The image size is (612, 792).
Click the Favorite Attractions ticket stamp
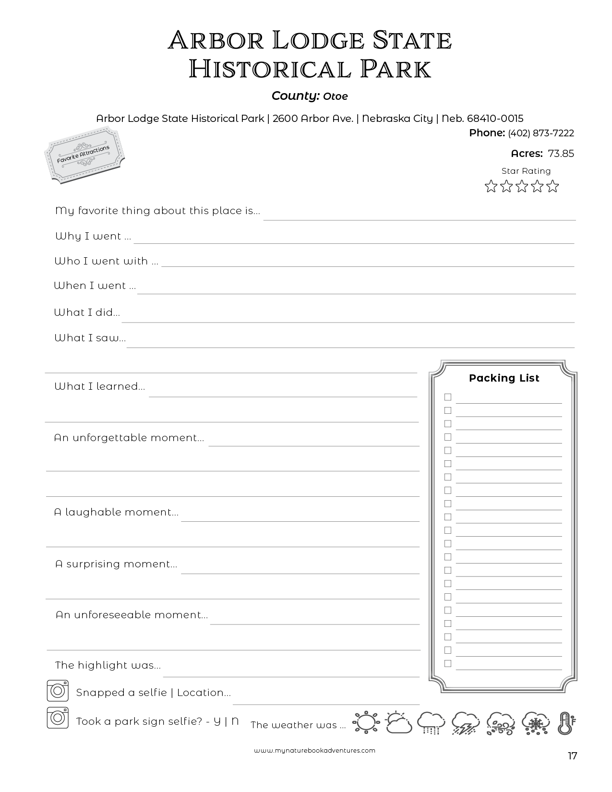click(x=84, y=155)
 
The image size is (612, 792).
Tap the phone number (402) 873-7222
click(x=540, y=133)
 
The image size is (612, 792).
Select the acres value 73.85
click(x=561, y=154)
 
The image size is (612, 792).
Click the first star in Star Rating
click(x=491, y=186)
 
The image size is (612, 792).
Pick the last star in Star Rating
click(x=553, y=186)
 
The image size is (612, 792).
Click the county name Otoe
click(x=335, y=96)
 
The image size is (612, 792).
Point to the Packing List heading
click(x=504, y=378)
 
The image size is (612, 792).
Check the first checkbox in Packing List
click(x=448, y=397)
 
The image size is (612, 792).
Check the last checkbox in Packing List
click(x=448, y=663)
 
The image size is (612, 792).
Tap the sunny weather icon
click(x=366, y=722)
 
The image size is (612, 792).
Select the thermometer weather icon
click(x=567, y=722)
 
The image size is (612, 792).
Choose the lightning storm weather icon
click(x=466, y=722)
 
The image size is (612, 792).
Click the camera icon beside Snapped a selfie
click(x=58, y=691)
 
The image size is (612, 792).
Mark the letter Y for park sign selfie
click(x=217, y=721)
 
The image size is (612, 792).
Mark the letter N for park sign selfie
click(x=235, y=721)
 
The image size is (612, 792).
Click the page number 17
click(x=572, y=756)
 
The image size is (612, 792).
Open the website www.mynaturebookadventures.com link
click(x=315, y=751)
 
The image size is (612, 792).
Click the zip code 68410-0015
click(x=495, y=119)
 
